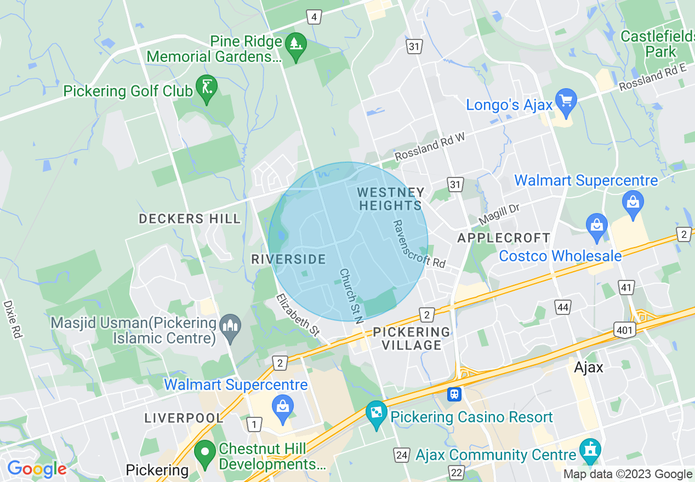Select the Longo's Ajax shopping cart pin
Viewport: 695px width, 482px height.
point(566,101)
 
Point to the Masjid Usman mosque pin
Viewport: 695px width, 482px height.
point(229,328)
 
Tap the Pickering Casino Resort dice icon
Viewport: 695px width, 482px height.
point(376,413)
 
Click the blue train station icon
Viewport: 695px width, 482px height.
point(454,394)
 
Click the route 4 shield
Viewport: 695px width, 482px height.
point(314,18)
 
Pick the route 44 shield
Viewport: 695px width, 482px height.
point(563,307)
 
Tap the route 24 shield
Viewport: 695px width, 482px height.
point(401,455)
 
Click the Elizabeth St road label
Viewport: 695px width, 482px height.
point(298,314)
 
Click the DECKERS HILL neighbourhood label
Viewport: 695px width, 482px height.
point(190,219)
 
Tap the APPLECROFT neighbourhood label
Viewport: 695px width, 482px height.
point(504,238)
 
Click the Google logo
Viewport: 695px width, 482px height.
point(37,469)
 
